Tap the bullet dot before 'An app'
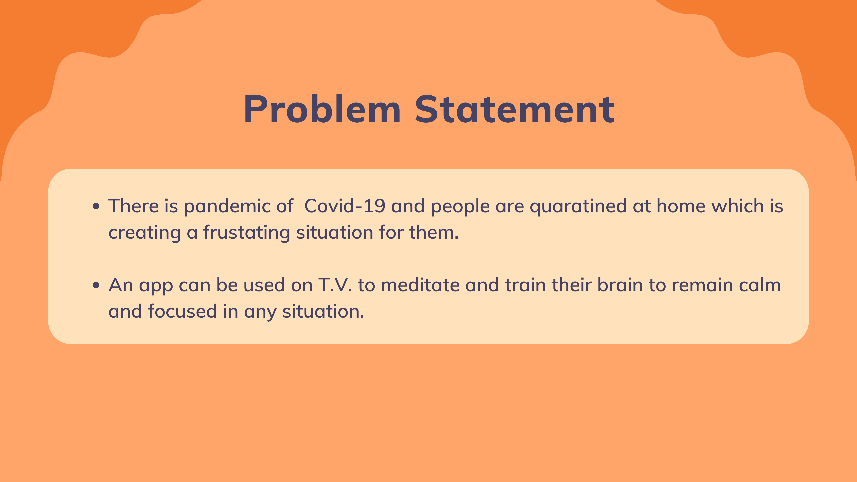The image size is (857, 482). coord(96,285)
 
